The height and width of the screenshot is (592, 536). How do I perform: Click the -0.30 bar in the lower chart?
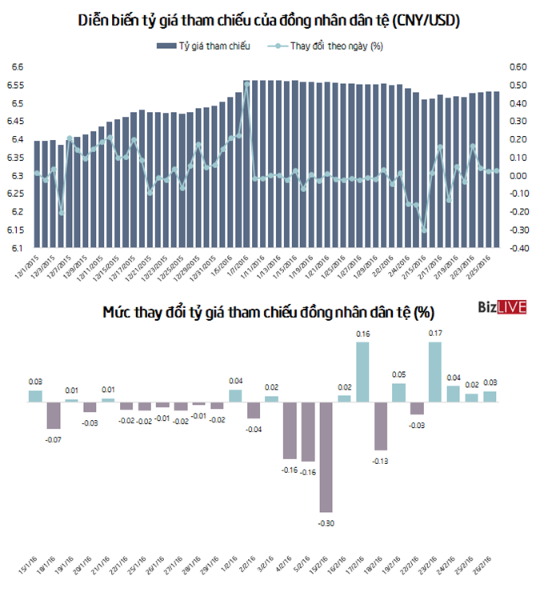[x=326, y=456]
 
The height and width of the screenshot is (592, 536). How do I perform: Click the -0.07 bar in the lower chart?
[x=54, y=414]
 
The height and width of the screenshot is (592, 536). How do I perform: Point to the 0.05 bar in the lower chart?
[x=398, y=392]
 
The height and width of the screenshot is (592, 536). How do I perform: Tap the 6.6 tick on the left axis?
[x=16, y=67]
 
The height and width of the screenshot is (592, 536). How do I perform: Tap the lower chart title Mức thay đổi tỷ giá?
[x=268, y=310]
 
